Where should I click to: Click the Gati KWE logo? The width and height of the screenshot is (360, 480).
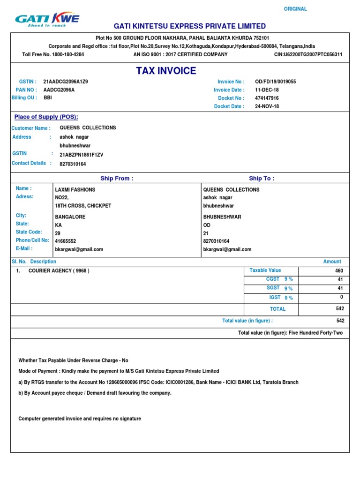point(47,19)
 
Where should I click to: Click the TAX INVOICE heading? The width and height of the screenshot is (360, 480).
point(166,71)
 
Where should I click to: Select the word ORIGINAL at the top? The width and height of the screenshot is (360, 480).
point(295,9)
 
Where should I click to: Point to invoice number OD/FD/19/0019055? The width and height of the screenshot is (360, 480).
point(275,82)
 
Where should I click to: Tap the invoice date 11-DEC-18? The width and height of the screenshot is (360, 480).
point(267,90)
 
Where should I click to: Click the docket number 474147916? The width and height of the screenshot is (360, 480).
point(267,98)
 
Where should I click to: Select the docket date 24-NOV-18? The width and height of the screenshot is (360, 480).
point(267,106)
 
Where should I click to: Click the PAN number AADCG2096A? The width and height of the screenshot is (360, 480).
point(59,90)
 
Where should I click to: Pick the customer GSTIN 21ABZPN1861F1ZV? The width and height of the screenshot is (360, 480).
point(81,154)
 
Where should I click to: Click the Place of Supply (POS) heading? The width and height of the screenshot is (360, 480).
point(46,117)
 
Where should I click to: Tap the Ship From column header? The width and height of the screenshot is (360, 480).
point(117,178)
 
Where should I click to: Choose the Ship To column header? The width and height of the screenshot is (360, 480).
point(262,178)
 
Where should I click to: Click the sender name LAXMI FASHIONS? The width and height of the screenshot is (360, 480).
point(75,190)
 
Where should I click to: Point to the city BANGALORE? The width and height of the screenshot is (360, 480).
point(70,217)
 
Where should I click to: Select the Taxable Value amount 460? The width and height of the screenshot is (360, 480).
point(339,271)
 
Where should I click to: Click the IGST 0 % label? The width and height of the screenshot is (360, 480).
point(281,298)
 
